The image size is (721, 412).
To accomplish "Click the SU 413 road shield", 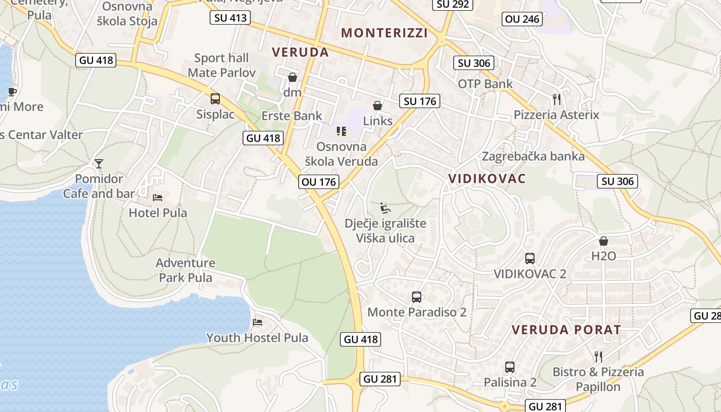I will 230,18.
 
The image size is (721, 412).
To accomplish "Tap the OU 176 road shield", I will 319,182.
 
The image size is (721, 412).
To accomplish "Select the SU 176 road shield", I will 420,101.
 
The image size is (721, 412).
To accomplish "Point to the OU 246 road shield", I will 522,20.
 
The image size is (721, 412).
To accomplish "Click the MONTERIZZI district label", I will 384,33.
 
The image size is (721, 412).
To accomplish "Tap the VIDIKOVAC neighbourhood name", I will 487,179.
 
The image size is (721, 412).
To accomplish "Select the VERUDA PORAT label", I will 566,330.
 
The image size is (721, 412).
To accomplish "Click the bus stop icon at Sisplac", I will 215,99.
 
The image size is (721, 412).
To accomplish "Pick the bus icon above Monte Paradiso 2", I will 417,297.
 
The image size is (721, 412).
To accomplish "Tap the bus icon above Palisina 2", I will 509,367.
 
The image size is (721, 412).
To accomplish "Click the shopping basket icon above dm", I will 293,77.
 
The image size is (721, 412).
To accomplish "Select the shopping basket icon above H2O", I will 604,241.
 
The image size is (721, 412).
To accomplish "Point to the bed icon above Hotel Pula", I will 158,198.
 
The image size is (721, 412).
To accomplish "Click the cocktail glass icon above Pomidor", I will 99,164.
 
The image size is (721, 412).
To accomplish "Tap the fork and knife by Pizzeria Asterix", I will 556,99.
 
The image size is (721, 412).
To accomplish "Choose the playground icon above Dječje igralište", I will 385,208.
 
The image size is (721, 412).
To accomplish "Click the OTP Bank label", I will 485,84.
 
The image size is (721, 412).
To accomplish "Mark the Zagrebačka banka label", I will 533,157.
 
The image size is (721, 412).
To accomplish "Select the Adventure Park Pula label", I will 185,270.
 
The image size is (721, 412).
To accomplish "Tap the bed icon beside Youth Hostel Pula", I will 257,322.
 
